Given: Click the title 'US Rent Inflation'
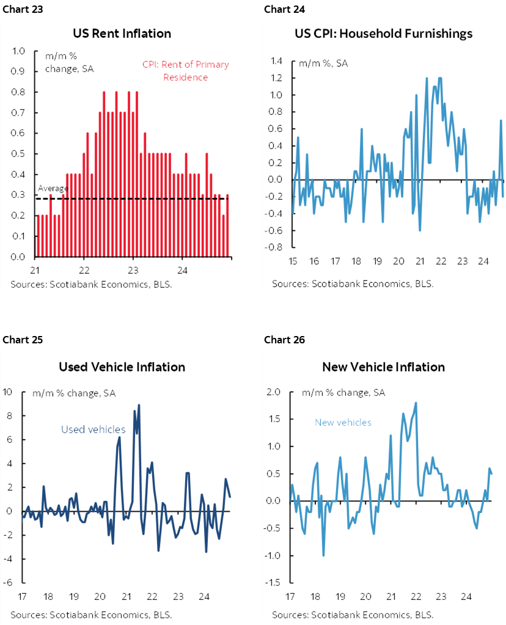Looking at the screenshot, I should pyautogui.click(x=122, y=34).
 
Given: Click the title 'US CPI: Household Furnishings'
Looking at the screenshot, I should pyautogui.click(x=383, y=34).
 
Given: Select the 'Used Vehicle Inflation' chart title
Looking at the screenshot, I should pyautogui.click(x=122, y=367).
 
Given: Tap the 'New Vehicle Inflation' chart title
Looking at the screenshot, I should pyautogui.click(x=383, y=367).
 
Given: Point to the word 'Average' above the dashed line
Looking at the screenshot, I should pyautogui.click(x=53, y=189).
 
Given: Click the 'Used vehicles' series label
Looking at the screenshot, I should pyautogui.click(x=93, y=429).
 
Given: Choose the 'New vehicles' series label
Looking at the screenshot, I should pyautogui.click(x=343, y=422).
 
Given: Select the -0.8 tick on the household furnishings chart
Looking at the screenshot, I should pyautogui.click(x=275, y=247).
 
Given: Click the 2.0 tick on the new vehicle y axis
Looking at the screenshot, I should pyautogui.click(x=276, y=392).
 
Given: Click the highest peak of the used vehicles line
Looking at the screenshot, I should pyautogui.click(x=139, y=405).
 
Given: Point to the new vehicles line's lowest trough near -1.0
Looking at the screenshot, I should pyautogui.click(x=323, y=555).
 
